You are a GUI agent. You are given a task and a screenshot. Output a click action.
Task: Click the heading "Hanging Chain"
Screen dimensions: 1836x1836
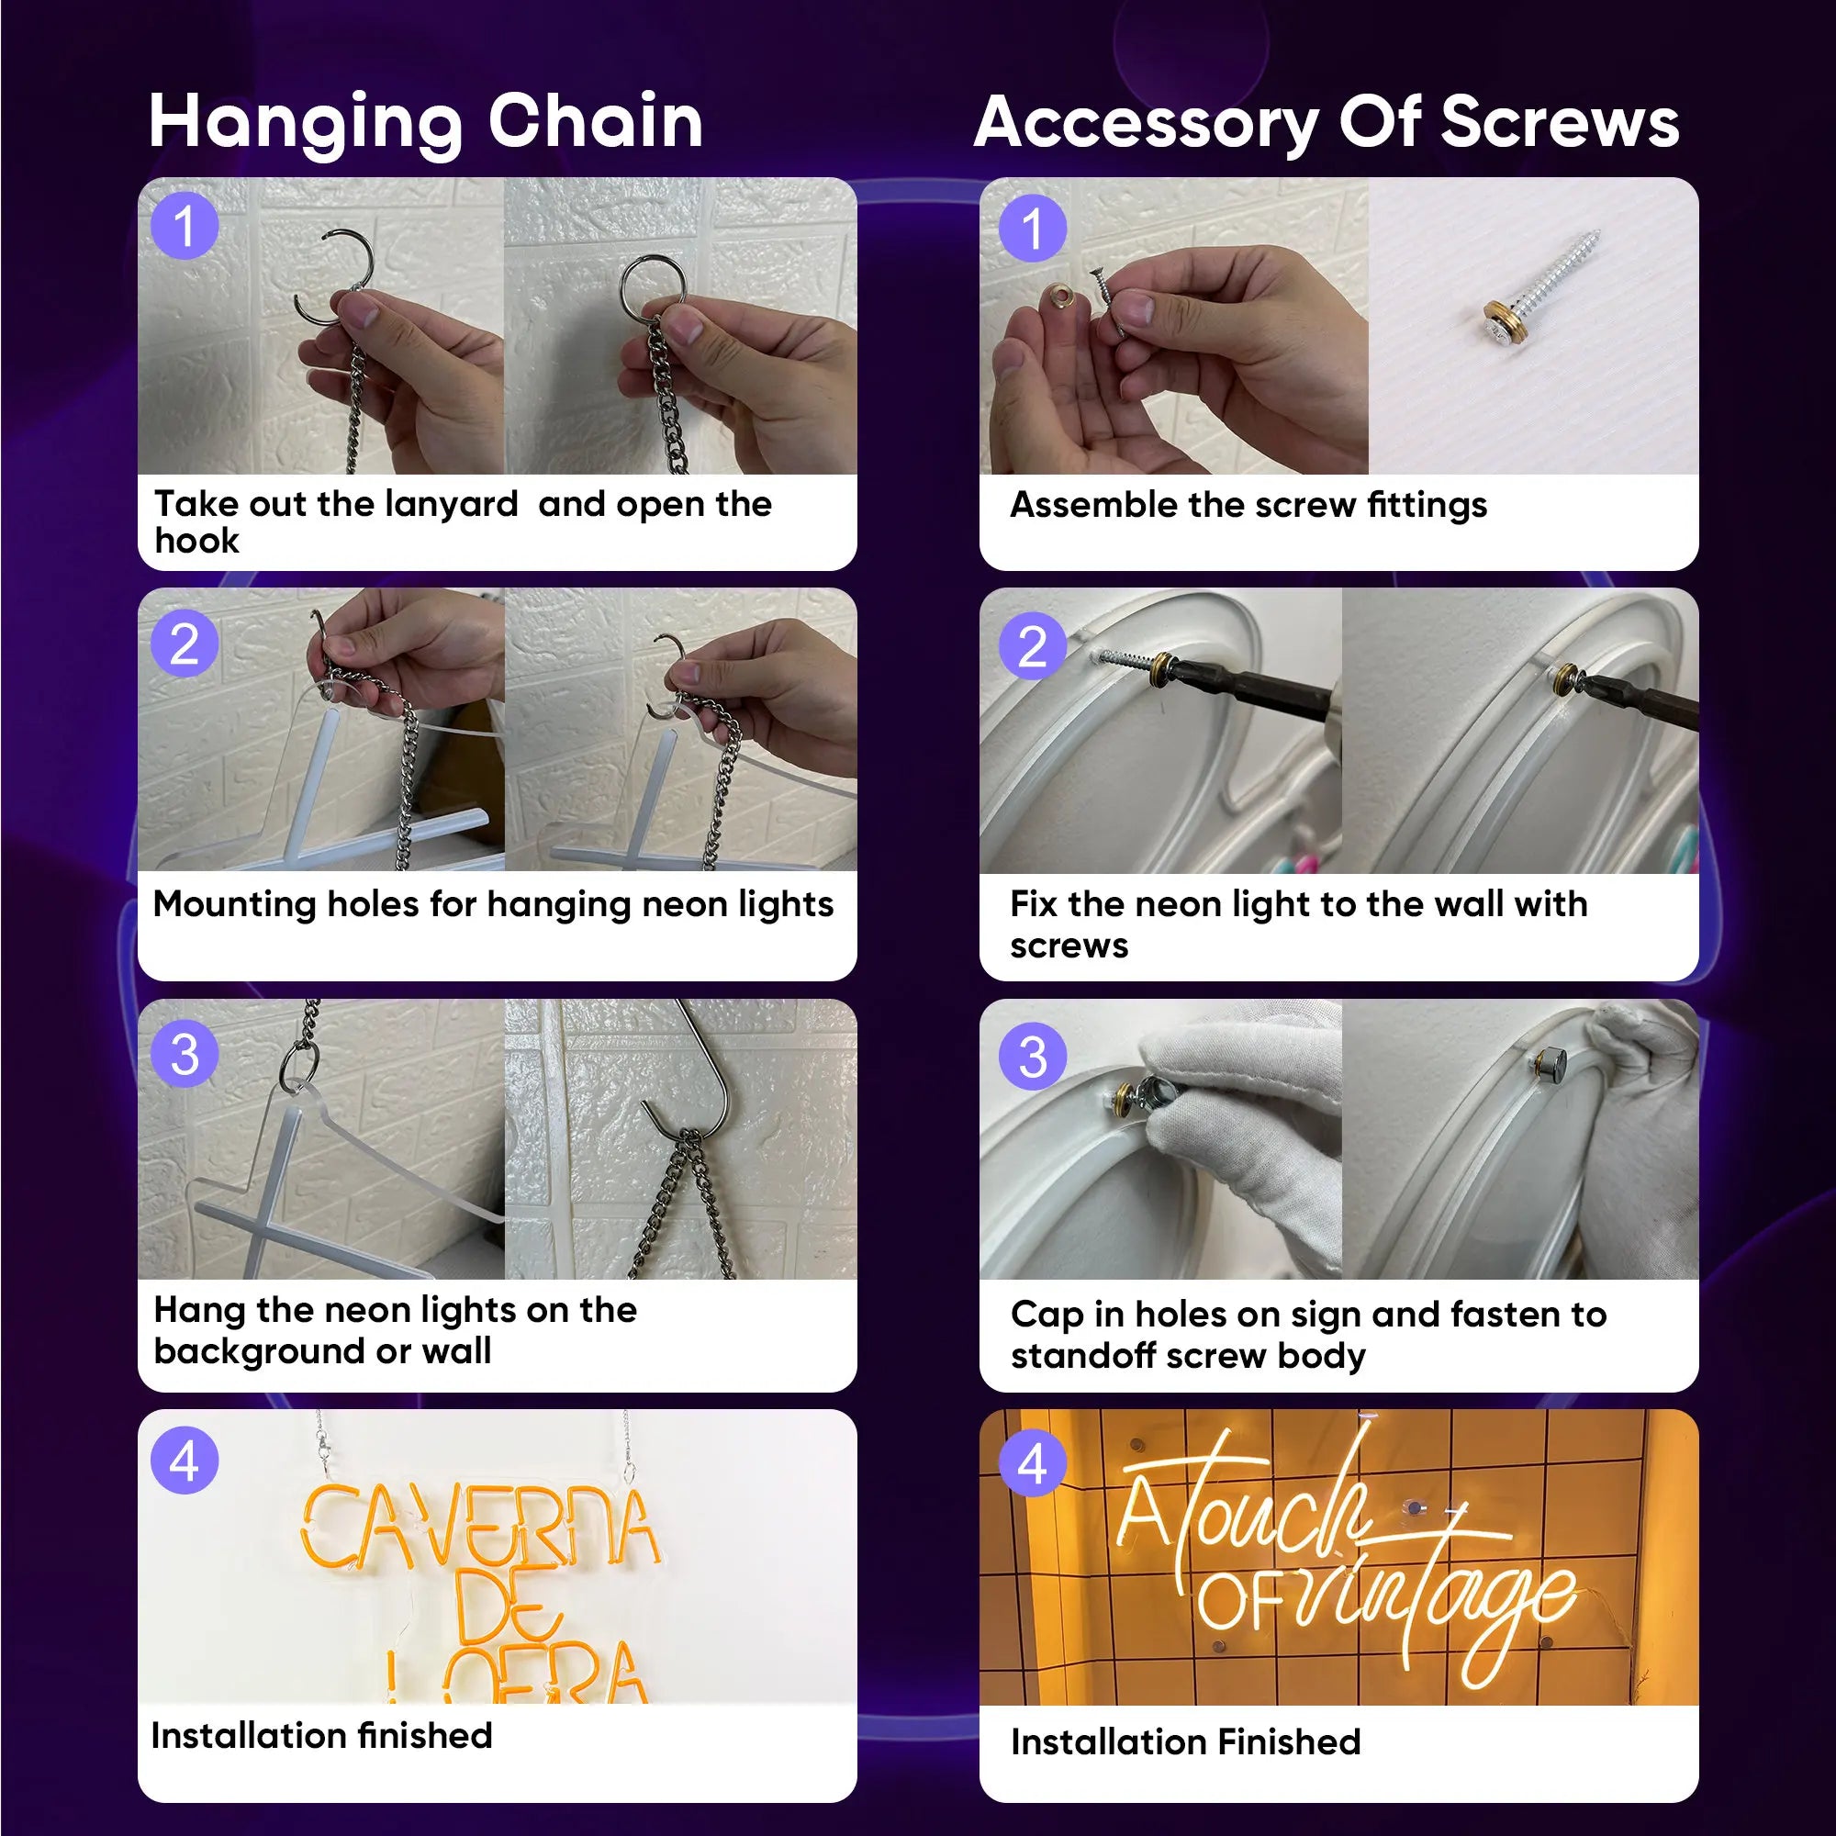[x=426, y=122]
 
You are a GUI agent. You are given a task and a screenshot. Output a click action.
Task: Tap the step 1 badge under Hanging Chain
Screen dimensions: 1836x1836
[x=185, y=226]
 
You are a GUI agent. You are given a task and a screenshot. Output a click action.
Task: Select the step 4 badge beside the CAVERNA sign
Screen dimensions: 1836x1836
[x=185, y=1461]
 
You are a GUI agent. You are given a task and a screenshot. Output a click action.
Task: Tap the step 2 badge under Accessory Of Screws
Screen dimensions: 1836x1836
[x=1032, y=646]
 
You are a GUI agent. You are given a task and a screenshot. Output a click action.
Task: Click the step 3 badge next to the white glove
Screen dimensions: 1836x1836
[x=1032, y=1057]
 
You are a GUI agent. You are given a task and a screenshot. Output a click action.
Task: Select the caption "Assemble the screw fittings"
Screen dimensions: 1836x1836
[x=1248, y=506]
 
